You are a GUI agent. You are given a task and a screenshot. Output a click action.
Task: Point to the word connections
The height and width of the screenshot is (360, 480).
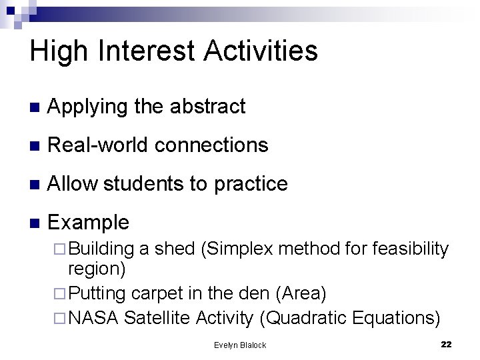[212, 145]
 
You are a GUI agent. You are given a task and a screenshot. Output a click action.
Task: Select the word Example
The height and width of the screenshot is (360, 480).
[89, 222]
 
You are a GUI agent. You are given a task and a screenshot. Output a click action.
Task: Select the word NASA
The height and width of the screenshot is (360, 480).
[94, 318]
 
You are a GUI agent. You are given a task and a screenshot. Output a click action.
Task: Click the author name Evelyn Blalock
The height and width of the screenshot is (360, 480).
[239, 345]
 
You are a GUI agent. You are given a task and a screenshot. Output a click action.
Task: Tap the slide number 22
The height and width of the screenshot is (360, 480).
[446, 344]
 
